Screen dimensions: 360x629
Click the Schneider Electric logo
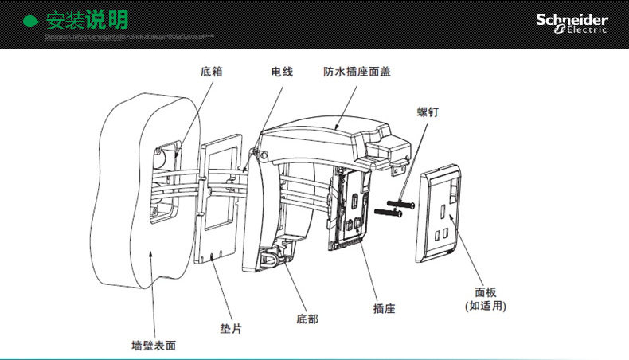tap(571, 23)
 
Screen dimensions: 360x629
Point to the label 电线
tap(282, 72)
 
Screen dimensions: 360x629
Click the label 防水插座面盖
tap(357, 72)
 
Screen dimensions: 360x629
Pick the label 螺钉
tap(428, 112)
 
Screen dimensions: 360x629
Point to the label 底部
tap(307, 319)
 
